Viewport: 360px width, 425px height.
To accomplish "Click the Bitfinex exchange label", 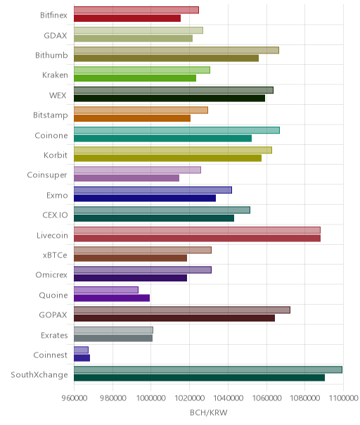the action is (x=53, y=15).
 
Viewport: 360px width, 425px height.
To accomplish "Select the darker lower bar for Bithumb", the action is (x=167, y=58).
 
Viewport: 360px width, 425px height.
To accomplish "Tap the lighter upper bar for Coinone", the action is (x=177, y=130).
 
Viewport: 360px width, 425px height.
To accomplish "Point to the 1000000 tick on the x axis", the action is (x=151, y=398).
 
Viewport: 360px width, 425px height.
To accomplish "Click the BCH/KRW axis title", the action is (x=209, y=412).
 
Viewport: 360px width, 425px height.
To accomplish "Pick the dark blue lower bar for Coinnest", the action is (x=82, y=357).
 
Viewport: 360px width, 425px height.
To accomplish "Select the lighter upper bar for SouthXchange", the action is (x=208, y=369).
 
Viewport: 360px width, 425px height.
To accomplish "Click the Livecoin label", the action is (x=52, y=235).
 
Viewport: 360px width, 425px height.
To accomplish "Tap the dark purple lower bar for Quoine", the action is (x=112, y=298).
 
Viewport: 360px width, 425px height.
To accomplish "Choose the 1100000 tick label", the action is (x=343, y=398).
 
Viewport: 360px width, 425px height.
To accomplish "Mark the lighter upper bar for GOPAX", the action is (x=182, y=310).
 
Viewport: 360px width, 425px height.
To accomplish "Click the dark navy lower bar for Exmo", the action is (x=145, y=198).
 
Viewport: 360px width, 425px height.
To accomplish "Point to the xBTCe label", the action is (x=55, y=255).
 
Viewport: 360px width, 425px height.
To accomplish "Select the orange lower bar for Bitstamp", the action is (x=132, y=118).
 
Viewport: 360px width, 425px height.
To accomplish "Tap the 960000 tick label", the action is (x=75, y=398).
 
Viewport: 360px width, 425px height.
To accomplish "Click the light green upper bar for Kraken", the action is (x=142, y=70).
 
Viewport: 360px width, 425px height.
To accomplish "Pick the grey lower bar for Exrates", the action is (x=113, y=338).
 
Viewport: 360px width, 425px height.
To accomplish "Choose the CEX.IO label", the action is (x=55, y=215).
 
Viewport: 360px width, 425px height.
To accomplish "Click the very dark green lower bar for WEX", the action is (x=169, y=98).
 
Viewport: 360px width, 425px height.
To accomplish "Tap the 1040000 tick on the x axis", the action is (x=228, y=398).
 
